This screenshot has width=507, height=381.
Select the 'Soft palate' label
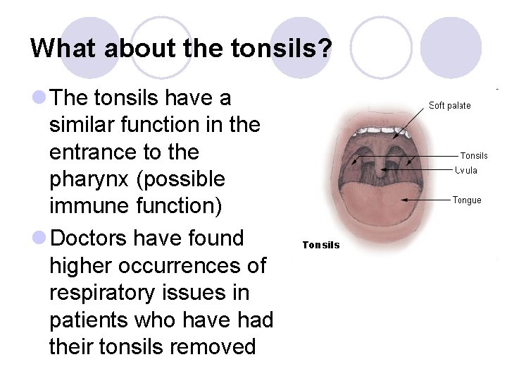coord(449,106)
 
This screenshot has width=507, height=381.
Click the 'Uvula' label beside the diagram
coord(466,170)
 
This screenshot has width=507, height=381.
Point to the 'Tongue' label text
coord(466,200)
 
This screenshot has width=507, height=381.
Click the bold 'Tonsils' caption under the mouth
coord(321,245)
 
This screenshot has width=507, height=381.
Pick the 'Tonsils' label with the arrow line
coord(473,156)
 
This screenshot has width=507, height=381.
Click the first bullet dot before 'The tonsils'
coord(39,97)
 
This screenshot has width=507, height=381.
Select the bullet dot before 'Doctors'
coord(39,238)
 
